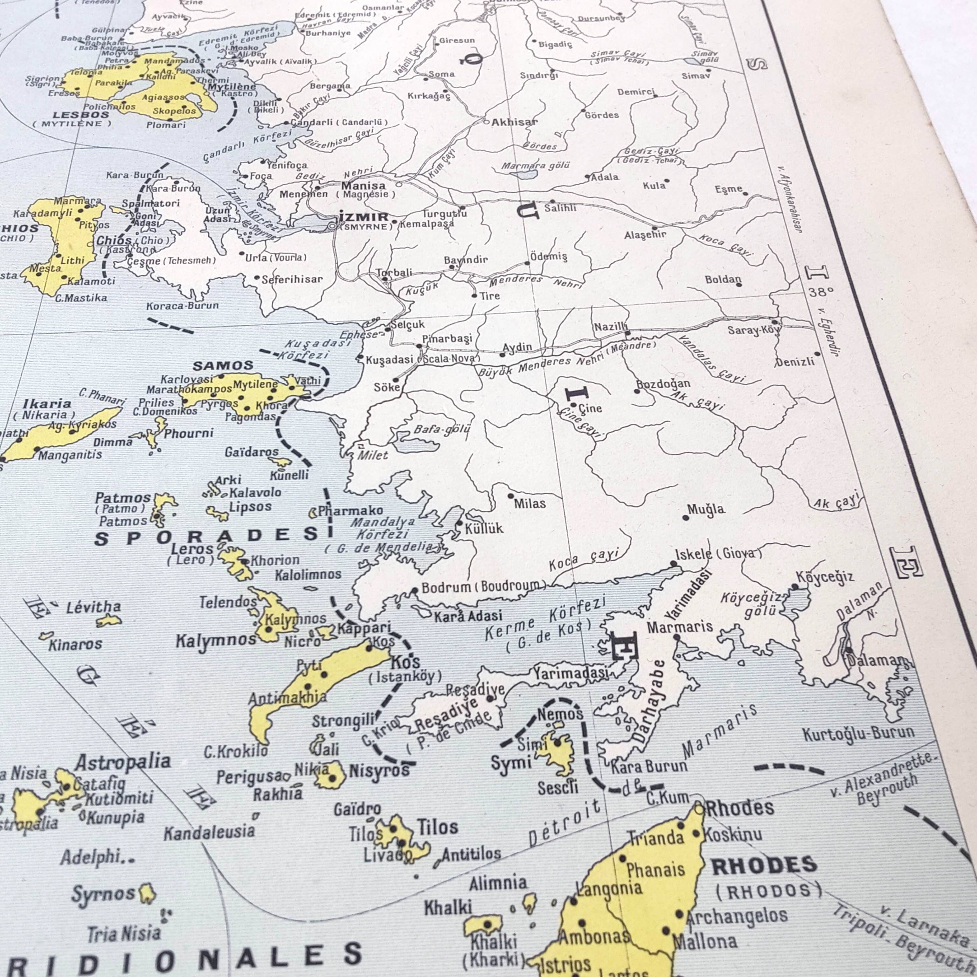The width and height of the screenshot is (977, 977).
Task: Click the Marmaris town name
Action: pyautogui.click(x=680, y=627)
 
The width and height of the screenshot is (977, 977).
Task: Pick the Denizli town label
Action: pyautogui.click(x=795, y=362)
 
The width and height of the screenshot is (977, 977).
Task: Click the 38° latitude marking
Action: pyautogui.click(x=820, y=292)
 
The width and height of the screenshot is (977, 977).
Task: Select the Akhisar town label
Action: pyautogui.click(x=514, y=121)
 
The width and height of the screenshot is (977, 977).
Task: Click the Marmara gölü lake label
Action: pyautogui.click(x=536, y=165)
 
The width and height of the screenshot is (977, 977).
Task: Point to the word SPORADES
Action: pyautogui.click(x=207, y=536)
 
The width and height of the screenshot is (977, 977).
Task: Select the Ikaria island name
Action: pyautogui.click(x=47, y=404)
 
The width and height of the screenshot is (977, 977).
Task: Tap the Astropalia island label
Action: pyautogui.click(x=123, y=762)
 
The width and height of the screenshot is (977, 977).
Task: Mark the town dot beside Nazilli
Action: pyautogui.click(x=627, y=333)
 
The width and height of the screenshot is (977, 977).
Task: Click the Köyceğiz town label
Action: pyautogui.click(x=825, y=577)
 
